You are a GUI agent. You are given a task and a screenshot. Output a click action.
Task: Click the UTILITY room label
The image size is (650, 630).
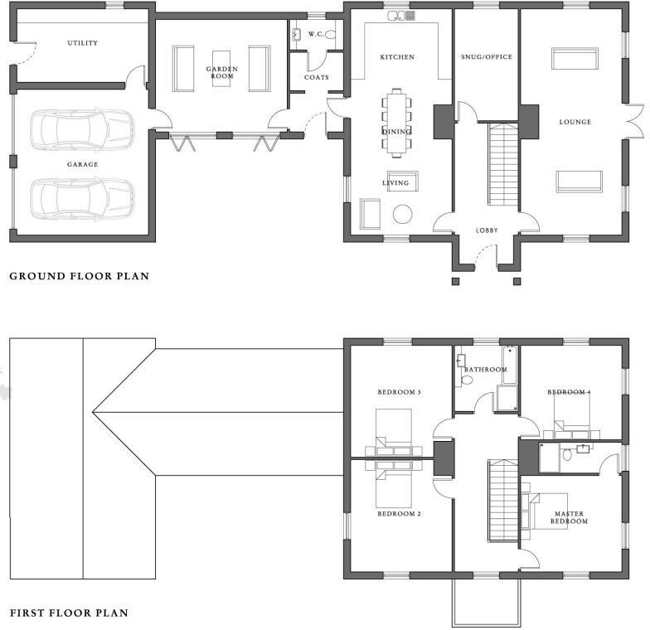pyautogui.click(x=82, y=43)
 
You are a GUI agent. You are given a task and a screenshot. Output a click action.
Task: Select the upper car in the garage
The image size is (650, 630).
pyautogui.click(x=82, y=128)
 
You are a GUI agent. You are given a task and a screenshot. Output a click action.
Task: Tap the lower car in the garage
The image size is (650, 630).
pyautogui.click(x=82, y=197)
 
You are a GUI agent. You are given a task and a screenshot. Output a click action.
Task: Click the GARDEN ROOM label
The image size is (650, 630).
pyautogui.click(x=221, y=72)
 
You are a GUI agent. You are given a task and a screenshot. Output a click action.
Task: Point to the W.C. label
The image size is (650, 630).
pyautogui.click(x=316, y=35)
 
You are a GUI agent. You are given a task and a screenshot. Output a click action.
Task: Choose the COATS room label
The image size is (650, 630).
pyautogui.click(x=316, y=77)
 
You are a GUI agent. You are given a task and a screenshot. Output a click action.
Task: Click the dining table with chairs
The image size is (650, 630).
pyautogui.click(x=396, y=121)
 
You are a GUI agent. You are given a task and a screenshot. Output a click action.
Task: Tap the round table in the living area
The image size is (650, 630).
pyautogui.click(x=402, y=214)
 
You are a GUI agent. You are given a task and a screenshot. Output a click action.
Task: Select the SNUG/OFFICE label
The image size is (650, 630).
pyautogui.click(x=487, y=57)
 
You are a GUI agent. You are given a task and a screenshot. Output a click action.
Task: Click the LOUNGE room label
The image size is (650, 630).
pyautogui.click(x=575, y=122)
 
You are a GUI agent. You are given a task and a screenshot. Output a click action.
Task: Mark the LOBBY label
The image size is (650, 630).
pyautogui.click(x=487, y=230)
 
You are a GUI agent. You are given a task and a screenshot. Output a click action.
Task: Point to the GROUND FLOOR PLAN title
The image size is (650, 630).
pyautogui.click(x=79, y=276)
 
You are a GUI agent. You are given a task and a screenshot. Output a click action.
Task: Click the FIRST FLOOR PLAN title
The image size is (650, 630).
pyautogui.click(x=69, y=613)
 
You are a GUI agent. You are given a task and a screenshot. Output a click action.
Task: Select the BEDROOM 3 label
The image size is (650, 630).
pyautogui.click(x=400, y=391)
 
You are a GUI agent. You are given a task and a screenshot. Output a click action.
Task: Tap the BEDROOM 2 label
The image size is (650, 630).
pyautogui.click(x=400, y=514)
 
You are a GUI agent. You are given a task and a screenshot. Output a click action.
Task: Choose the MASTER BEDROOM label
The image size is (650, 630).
pyautogui.click(x=570, y=517)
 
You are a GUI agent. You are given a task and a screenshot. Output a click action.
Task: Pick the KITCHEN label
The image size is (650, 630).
pyautogui.click(x=396, y=57)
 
